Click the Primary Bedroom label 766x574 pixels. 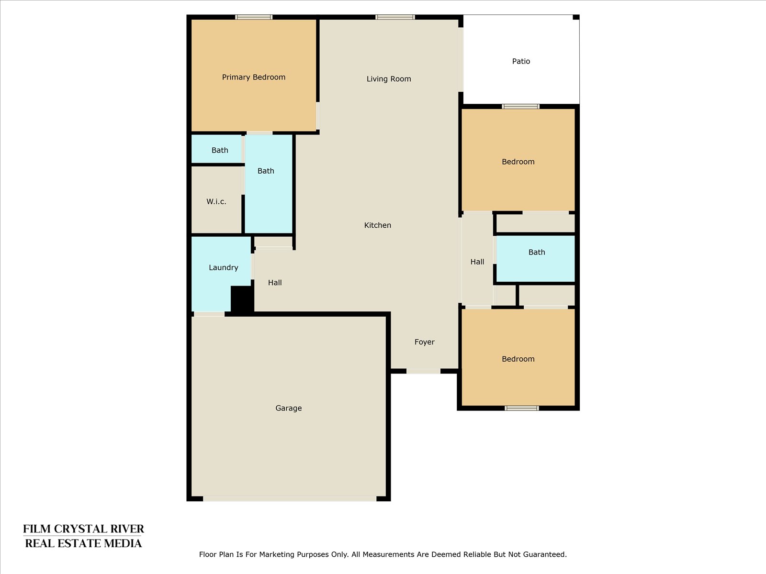[254, 77]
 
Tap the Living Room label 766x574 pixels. [389, 79]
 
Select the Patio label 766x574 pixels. [521, 61]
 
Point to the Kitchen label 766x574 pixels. [378, 225]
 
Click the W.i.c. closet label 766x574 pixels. [216, 201]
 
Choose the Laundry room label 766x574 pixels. [224, 268]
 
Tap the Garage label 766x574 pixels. [289, 408]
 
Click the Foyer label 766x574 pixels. [425, 342]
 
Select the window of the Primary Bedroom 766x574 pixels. [254, 17]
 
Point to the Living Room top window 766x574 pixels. [395, 17]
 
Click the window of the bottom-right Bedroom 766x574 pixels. [522, 408]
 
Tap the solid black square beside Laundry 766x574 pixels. [242, 298]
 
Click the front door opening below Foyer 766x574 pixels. [423, 371]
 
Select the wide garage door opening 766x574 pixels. [290, 499]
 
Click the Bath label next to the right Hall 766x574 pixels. [537, 252]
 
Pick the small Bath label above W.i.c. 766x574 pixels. [220, 150]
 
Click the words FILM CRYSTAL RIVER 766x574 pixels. [83, 529]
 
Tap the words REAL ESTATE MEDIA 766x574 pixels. [83, 543]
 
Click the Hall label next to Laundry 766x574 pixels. [275, 283]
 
